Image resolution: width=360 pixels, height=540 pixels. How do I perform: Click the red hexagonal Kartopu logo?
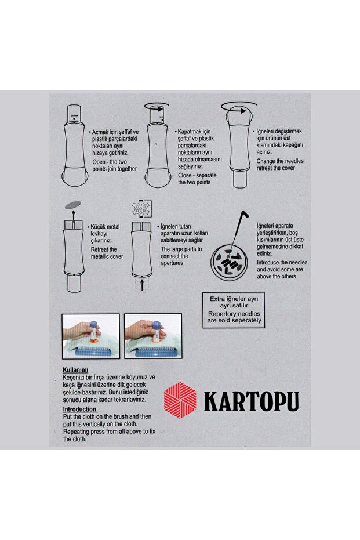(x=181, y=400)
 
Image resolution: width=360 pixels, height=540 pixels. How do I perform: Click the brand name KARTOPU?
(x=251, y=401)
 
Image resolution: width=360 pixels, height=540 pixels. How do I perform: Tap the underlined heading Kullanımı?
(x=75, y=369)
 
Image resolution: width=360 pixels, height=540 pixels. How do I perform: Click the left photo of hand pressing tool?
(x=90, y=336)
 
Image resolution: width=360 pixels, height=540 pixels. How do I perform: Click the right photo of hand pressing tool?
(x=152, y=336)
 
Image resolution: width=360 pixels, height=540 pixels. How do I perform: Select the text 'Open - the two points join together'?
(x=115, y=165)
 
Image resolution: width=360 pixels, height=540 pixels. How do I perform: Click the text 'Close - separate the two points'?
(x=194, y=179)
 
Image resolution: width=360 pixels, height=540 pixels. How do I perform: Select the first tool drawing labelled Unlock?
(x=74, y=145)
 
